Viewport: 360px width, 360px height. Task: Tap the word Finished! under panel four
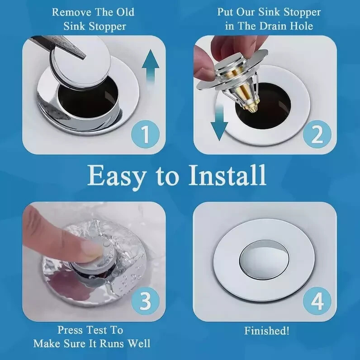tap(266, 331)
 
